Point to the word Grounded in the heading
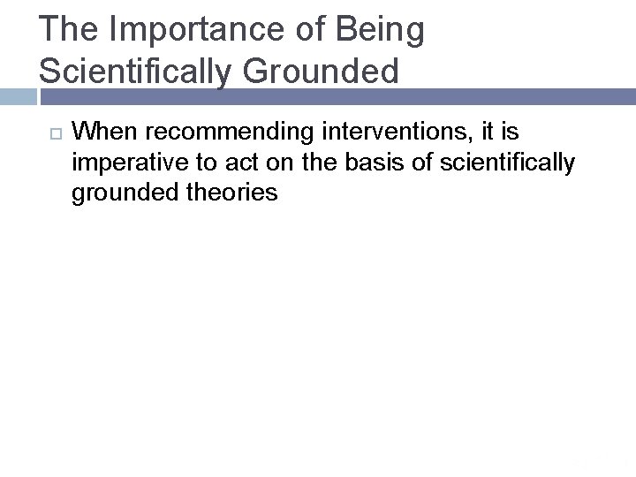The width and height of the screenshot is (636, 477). (322, 71)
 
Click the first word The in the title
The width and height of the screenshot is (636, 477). (69, 30)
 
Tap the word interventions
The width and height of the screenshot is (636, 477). (397, 132)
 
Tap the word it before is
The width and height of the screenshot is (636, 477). (486, 132)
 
